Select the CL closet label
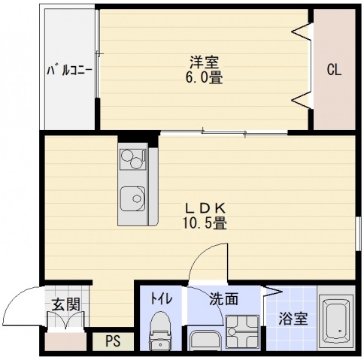[334, 71]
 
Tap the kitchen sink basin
[133, 198]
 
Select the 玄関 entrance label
[65, 304]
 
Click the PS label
[113, 341]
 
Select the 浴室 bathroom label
[293, 319]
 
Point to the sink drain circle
[136, 199]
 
